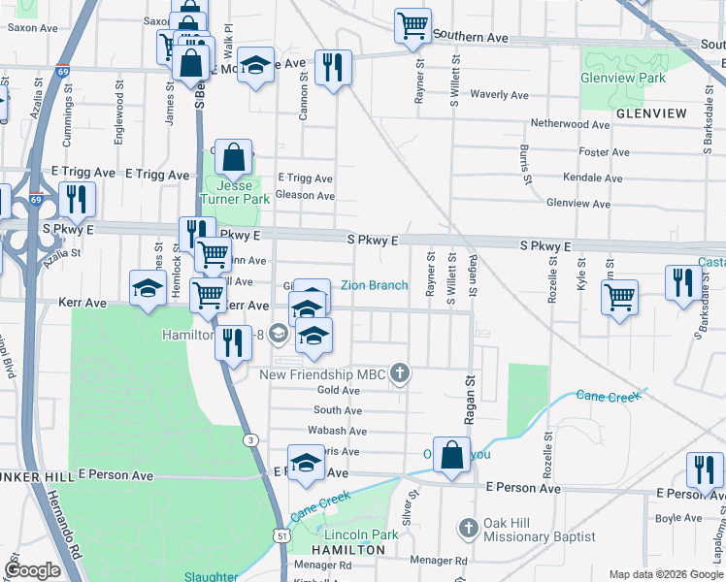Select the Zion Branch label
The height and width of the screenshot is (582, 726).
point(374,285)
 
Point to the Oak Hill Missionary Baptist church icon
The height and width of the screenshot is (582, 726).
point(468,529)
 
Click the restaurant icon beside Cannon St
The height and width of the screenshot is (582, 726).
point(333,67)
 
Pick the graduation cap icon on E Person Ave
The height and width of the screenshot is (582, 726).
point(306,463)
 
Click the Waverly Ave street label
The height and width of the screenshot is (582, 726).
point(499,95)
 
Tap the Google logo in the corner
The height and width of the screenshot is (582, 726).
point(32,570)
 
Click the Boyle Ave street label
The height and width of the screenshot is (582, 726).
point(678,518)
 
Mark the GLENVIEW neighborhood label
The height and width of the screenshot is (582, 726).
point(650,113)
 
